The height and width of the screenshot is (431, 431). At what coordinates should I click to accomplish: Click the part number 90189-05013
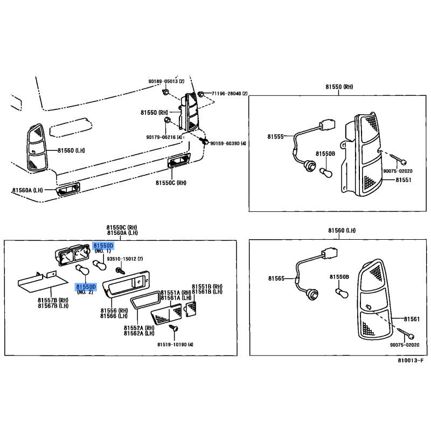click(x=163, y=81)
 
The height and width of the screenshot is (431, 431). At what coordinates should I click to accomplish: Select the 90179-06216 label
click(x=161, y=137)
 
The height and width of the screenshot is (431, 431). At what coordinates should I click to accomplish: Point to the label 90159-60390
click(x=225, y=143)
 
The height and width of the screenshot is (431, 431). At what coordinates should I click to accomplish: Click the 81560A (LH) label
click(x=28, y=190)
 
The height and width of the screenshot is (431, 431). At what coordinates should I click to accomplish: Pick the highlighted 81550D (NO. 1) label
click(x=103, y=248)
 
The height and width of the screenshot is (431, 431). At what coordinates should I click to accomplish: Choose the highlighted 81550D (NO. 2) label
click(x=86, y=289)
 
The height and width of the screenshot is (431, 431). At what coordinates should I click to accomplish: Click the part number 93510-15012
click(x=121, y=259)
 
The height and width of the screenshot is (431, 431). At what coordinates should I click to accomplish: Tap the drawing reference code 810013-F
click(x=411, y=360)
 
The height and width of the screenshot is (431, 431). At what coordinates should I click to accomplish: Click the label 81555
click(x=275, y=137)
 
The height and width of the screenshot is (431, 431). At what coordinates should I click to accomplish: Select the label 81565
click(x=276, y=279)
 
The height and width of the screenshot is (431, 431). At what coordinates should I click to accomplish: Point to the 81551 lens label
click(x=404, y=180)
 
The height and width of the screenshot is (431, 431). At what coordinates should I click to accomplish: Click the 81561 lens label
click(x=412, y=319)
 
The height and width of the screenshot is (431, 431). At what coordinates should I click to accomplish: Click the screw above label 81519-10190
click(x=173, y=328)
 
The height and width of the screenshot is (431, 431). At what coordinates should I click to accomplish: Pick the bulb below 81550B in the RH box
click(x=326, y=172)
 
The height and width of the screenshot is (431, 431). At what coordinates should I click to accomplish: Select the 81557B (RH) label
click(x=53, y=300)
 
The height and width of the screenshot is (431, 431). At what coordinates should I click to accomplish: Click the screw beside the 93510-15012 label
click(x=120, y=271)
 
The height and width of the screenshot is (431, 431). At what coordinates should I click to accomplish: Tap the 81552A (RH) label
click(x=139, y=328)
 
